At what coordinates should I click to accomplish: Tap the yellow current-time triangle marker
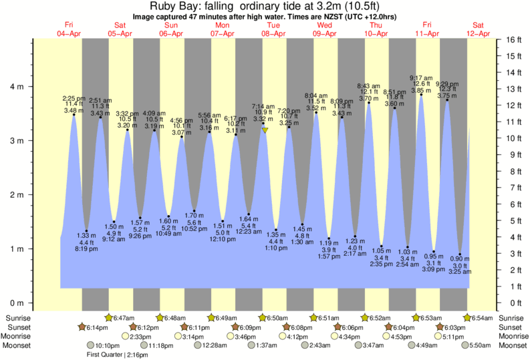click(265, 130)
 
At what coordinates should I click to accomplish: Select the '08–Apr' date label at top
click(274, 33)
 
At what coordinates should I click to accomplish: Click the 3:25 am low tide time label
click(460, 273)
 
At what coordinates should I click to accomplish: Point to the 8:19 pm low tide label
click(88, 249)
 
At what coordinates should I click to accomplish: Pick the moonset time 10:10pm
click(107, 345)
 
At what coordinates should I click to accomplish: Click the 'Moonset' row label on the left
click(21, 345)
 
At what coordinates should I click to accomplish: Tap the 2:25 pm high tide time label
click(74, 98)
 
